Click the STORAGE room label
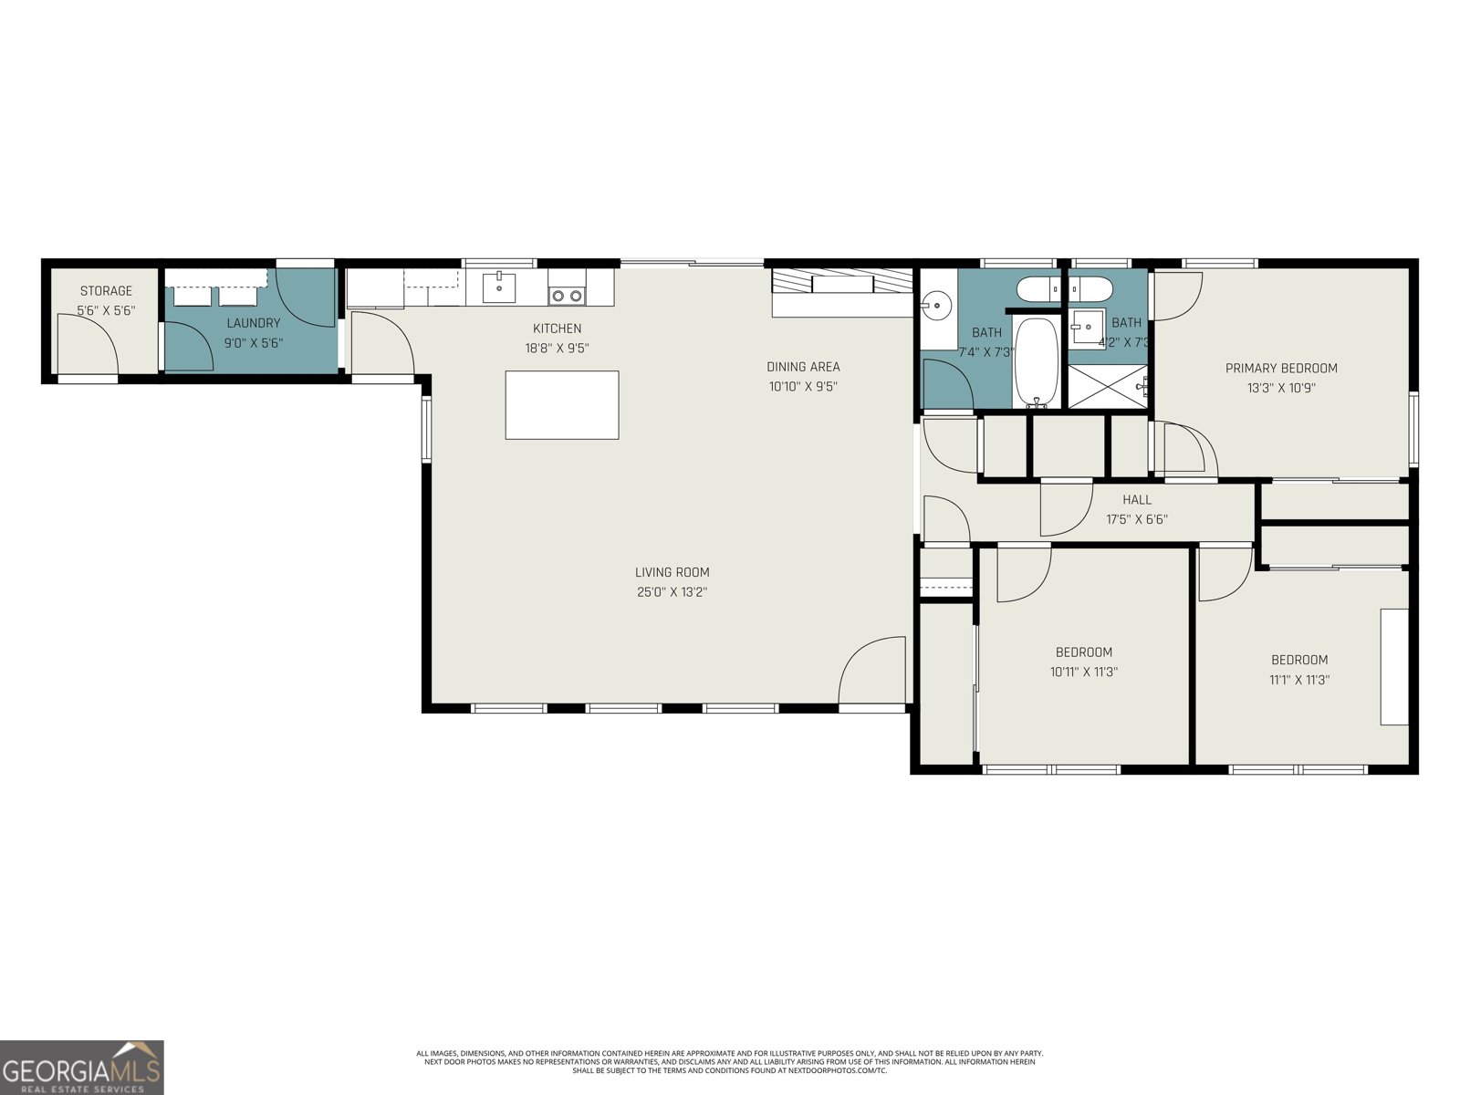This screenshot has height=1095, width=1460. (106, 291)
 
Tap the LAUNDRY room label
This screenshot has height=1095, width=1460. (253, 323)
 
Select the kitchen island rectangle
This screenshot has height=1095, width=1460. (562, 405)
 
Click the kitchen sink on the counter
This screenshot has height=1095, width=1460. (498, 287)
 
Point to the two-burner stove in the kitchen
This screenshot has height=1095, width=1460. (567, 295)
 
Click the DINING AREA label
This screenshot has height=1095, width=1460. (803, 367)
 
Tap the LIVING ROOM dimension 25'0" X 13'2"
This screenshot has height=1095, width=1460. (673, 592)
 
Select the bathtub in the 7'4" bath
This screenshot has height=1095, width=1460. (1036, 361)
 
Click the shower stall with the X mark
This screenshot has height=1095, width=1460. (1108, 387)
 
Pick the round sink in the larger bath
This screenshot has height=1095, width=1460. (935, 305)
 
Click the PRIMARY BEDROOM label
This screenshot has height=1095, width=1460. (1281, 369)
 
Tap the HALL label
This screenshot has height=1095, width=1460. (1137, 500)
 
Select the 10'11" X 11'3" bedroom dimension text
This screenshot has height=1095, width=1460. (1084, 673)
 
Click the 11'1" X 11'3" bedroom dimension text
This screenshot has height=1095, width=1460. (1299, 680)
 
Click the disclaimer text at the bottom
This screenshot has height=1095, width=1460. (729, 1061)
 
